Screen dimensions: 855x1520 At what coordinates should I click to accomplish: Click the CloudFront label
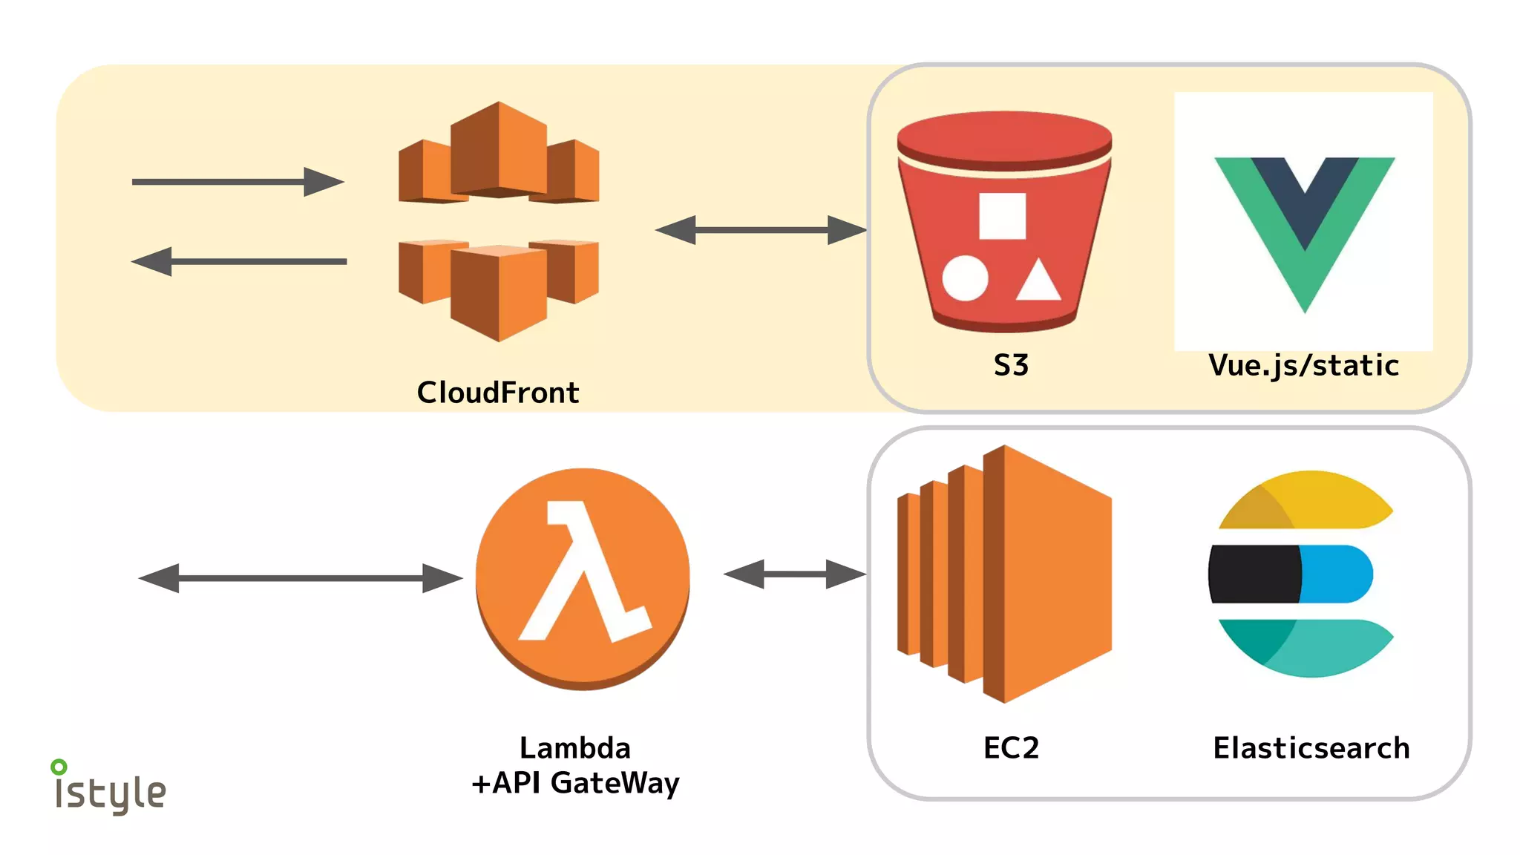pyautogui.click(x=498, y=392)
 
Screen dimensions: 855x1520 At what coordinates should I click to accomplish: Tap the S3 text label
pyautogui.click(x=1011, y=365)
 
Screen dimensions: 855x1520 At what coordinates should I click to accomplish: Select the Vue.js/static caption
pyautogui.click(x=1304, y=365)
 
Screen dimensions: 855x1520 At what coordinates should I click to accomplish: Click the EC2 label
pyautogui.click(x=1011, y=747)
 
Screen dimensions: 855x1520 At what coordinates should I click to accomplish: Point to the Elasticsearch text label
pyautogui.click(x=1311, y=747)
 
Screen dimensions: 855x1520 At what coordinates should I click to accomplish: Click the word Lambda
pyautogui.click(x=575, y=747)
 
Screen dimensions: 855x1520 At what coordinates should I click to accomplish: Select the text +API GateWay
pyautogui.click(x=575, y=783)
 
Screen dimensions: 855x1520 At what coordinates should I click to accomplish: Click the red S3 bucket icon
pyautogui.click(x=1003, y=223)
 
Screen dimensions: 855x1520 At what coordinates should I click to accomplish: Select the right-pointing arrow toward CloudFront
pyautogui.click(x=237, y=182)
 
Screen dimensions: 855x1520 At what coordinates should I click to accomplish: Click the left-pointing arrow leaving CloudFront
pyautogui.click(x=237, y=261)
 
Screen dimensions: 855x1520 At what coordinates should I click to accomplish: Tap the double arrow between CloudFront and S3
pyautogui.click(x=761, y=230)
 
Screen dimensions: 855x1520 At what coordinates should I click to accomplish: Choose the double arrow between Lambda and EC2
pyautogui.click(x=795, y=574)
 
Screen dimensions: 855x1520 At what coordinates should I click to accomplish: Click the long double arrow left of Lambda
pyautogui.click(x=300, y=577)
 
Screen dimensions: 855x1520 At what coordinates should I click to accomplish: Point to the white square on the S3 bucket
pyautogui.click(x=1002, y=216)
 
